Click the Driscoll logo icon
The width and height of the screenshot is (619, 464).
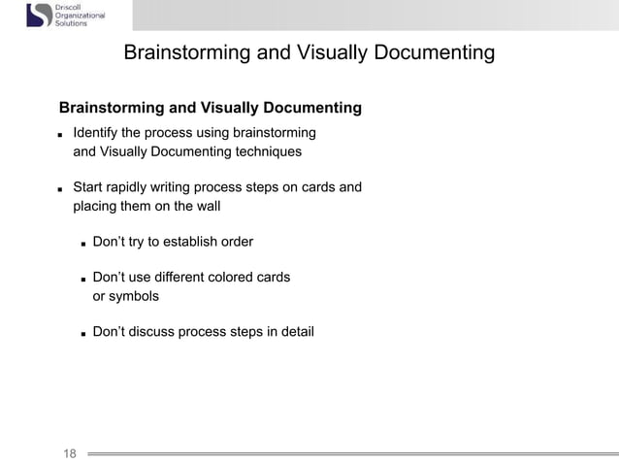tap(38, 15)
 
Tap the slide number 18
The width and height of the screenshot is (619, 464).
tap(70, 452)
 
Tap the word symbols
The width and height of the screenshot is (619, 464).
tap(125, 296)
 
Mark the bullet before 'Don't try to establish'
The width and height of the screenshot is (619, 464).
tap(84, 243)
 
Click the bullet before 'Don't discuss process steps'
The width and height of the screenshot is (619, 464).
tap(84, 334)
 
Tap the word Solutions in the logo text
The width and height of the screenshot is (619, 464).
tap(71, 23)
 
